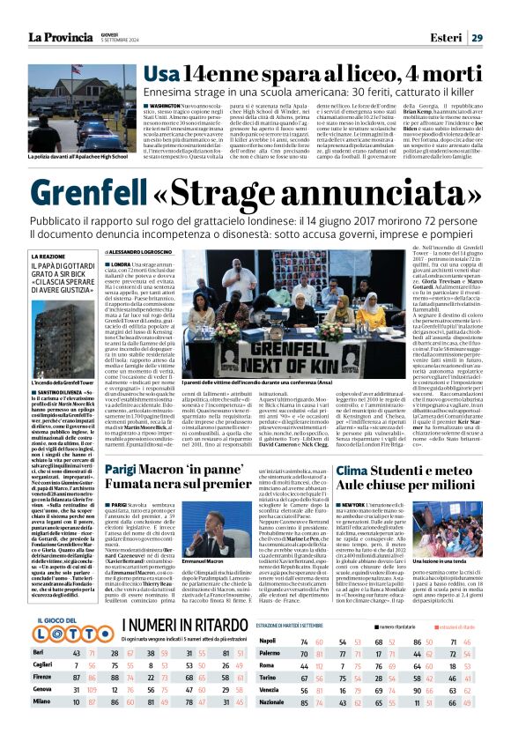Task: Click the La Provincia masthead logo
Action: click(66, 37)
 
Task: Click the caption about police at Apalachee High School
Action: click(78, 156)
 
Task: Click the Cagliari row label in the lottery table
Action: click(42, 664)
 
